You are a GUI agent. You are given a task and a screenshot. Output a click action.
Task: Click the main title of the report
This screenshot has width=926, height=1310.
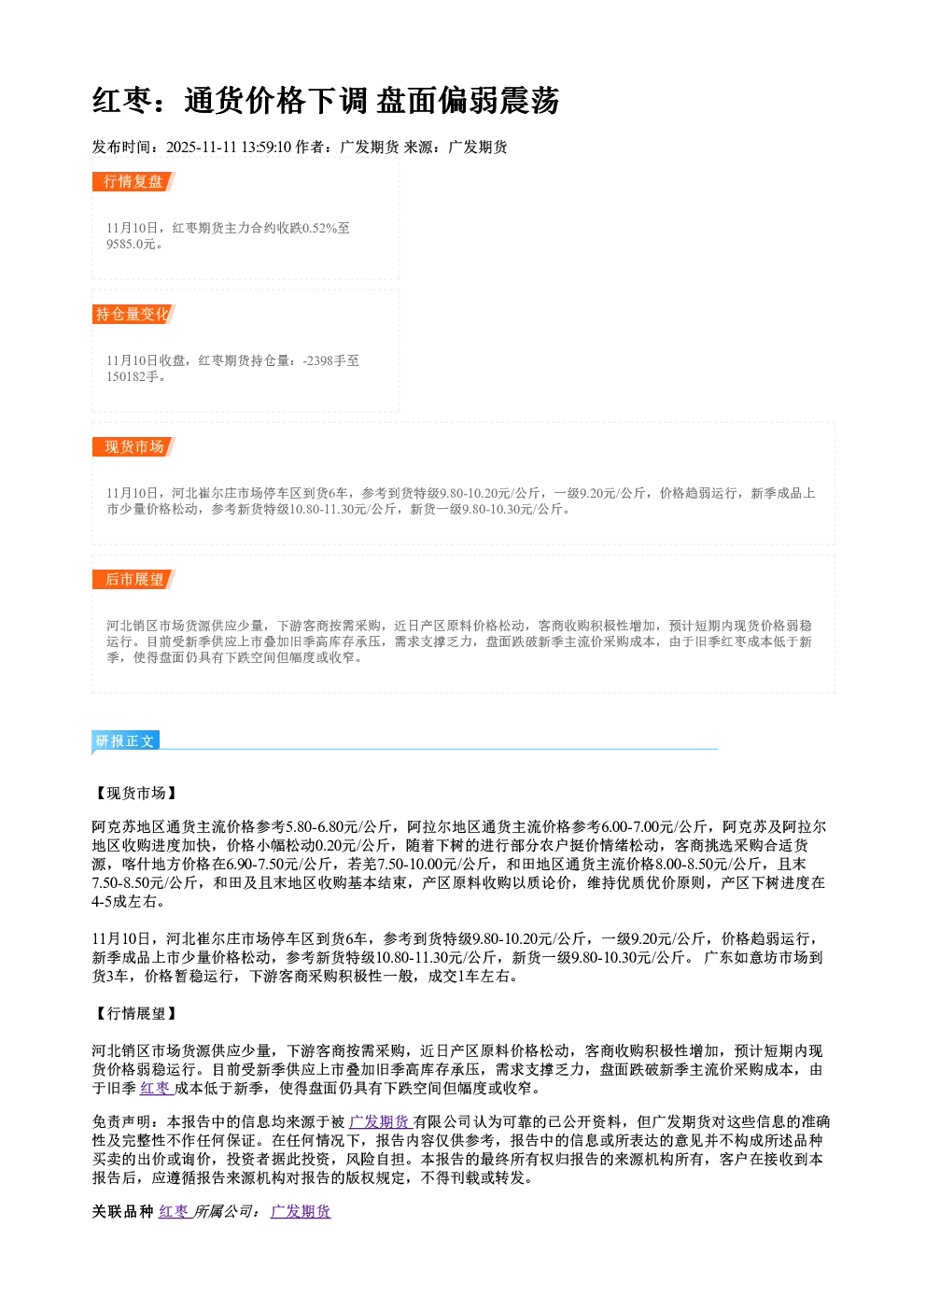[x=326, y=100]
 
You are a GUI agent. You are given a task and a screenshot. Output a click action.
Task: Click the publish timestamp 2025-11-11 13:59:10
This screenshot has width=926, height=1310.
[x=229, y=147]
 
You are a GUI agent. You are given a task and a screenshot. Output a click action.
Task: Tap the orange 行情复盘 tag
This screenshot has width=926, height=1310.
[x=133, y=181]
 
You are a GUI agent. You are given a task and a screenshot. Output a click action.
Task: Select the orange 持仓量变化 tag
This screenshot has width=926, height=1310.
[x=133, y=314]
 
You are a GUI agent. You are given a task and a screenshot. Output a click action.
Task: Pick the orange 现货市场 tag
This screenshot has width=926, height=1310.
[x=133, y=447]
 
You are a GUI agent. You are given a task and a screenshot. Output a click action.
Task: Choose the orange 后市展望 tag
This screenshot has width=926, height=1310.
[x=133, y=580]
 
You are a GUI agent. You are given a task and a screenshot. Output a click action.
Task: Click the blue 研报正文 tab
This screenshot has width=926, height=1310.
[x=125, y=741]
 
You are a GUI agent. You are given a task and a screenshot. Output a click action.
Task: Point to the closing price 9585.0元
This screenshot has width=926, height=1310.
[x=131, y=245]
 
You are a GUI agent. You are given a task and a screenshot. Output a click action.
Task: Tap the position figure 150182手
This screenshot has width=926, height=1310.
[x=133, y=376]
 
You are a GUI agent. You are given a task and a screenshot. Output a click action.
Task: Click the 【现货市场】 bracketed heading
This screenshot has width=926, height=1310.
[x=134, y=793]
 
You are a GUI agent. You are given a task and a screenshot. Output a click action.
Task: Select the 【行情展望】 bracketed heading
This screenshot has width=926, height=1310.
[x=134, y=1013]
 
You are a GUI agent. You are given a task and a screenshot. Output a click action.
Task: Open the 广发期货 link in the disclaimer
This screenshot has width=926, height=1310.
[x=380, y=1121]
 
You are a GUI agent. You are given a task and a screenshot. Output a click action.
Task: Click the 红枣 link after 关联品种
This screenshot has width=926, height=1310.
[x=174, y=1211]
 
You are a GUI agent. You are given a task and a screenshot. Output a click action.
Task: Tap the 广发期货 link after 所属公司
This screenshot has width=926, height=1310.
[x=301, y=1211]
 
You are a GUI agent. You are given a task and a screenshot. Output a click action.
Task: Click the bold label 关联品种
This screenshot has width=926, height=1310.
[x=122, y=1211]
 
